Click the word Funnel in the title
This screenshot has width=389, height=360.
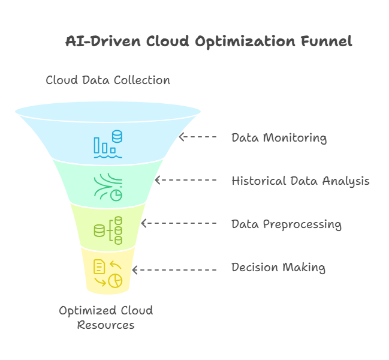click(x=327, y=41)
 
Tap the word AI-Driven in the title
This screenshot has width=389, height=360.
click(x=103, y=41)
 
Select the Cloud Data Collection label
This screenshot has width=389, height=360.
click(x=108, y=80)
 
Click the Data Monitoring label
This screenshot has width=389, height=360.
click(x=279, y=138)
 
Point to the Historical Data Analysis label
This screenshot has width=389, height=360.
click(x=300, y=181)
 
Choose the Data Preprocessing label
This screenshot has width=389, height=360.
click(x=287, y=224)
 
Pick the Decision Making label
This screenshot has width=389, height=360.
click(x=278, y=268)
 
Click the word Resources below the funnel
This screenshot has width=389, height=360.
click(x=105, y=325)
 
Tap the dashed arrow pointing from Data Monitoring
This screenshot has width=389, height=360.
click(x=198, y=137)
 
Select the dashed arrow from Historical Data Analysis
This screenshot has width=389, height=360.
click(x=186, y=180)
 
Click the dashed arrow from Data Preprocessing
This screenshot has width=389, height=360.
click(x=179, y=223)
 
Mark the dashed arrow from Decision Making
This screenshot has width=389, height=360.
click(x=174, y=270)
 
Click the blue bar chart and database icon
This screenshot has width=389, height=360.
click(x=108, y=144)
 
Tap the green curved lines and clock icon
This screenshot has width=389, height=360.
click(x=108, y=187)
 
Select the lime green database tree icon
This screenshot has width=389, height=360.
click(x=108, y=230)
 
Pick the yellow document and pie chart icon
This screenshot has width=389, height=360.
click(x=108, y=274)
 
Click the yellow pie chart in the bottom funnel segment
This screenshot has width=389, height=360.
click(x=115, y=281)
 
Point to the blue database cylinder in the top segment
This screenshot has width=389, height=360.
click(x=117, y=136)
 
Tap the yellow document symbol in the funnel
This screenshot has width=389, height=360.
click(x=99, y=266)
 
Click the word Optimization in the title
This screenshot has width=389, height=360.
click(x=245, y=42)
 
